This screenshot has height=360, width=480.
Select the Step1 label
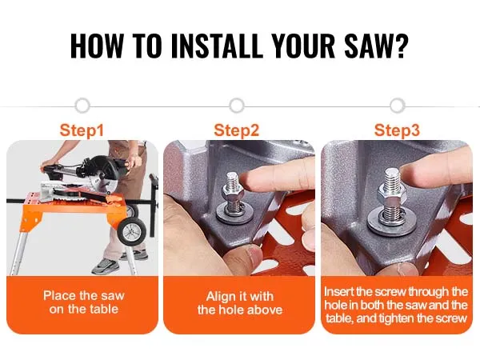coord(82,130)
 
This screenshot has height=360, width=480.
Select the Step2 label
coord(237,130)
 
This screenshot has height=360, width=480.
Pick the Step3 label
coord(397,130)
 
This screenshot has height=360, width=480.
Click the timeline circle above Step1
coord(82,106)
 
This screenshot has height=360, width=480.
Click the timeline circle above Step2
coord(237,106)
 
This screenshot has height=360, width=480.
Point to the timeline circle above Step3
coord(398,106)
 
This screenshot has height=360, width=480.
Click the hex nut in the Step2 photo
coord(232,193)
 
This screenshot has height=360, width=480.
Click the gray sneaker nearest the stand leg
coord(106,266)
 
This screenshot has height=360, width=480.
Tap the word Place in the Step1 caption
coord(59,296)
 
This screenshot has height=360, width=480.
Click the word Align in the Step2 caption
coord(219,297)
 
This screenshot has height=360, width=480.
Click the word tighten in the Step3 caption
coord(397,318)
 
